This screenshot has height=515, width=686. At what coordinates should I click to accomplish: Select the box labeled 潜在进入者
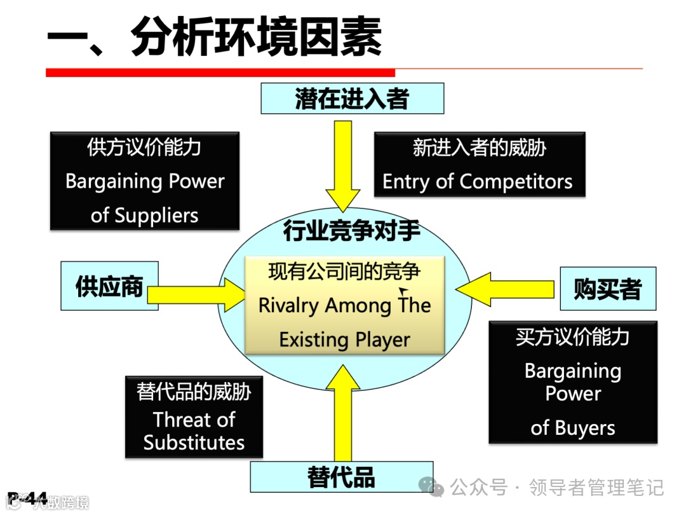tap(351, 99)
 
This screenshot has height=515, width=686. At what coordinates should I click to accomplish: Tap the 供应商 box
tap(109, 285)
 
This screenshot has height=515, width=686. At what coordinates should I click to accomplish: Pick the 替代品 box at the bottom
tap(341, 477)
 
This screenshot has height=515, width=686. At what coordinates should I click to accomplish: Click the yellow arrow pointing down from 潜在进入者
tap(343, 165)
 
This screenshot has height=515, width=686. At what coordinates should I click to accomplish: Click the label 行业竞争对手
tap(351, 231)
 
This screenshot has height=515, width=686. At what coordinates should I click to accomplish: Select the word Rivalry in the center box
tap(288, 306)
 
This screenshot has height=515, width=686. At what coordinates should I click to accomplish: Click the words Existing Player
tap(345, 340)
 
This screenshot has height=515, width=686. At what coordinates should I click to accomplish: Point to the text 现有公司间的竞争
tap(344, 272)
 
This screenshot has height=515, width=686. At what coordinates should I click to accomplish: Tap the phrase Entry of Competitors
tap(477, 182)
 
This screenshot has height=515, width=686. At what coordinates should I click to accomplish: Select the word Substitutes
tap(194, 443)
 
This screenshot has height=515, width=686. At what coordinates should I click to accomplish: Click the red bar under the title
tap(220, 72)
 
